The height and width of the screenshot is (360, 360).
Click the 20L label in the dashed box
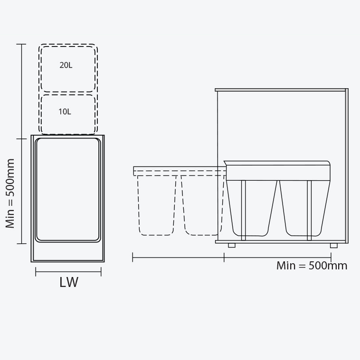click(x=66, y=65)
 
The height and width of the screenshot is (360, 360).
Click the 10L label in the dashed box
click(x=65, y=112)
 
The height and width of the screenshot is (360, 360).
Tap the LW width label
click(x=69, y=282)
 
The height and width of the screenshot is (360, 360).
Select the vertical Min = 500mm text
click(x=10, y=194)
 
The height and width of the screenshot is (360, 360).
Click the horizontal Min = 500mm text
click(x=312, y=266)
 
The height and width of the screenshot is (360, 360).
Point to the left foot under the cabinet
click(x=232, y=245)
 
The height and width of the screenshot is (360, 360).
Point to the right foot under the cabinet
click(x=334, y=245)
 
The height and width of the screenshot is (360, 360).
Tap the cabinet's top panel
click(x=280, y=90)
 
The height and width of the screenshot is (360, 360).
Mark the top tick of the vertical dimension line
click(x=21, y=44)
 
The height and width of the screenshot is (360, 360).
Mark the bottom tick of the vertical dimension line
click(x=21, y=244)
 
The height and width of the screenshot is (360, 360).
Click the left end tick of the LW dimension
click(x=36, y=272)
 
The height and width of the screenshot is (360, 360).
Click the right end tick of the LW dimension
click(x=101, y=272)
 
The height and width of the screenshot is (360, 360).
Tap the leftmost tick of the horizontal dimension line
click(x=133, y=257)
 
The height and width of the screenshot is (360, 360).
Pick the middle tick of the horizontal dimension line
click(x=224, y=257)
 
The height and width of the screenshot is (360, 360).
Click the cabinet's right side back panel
click(x=347, y=166)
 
